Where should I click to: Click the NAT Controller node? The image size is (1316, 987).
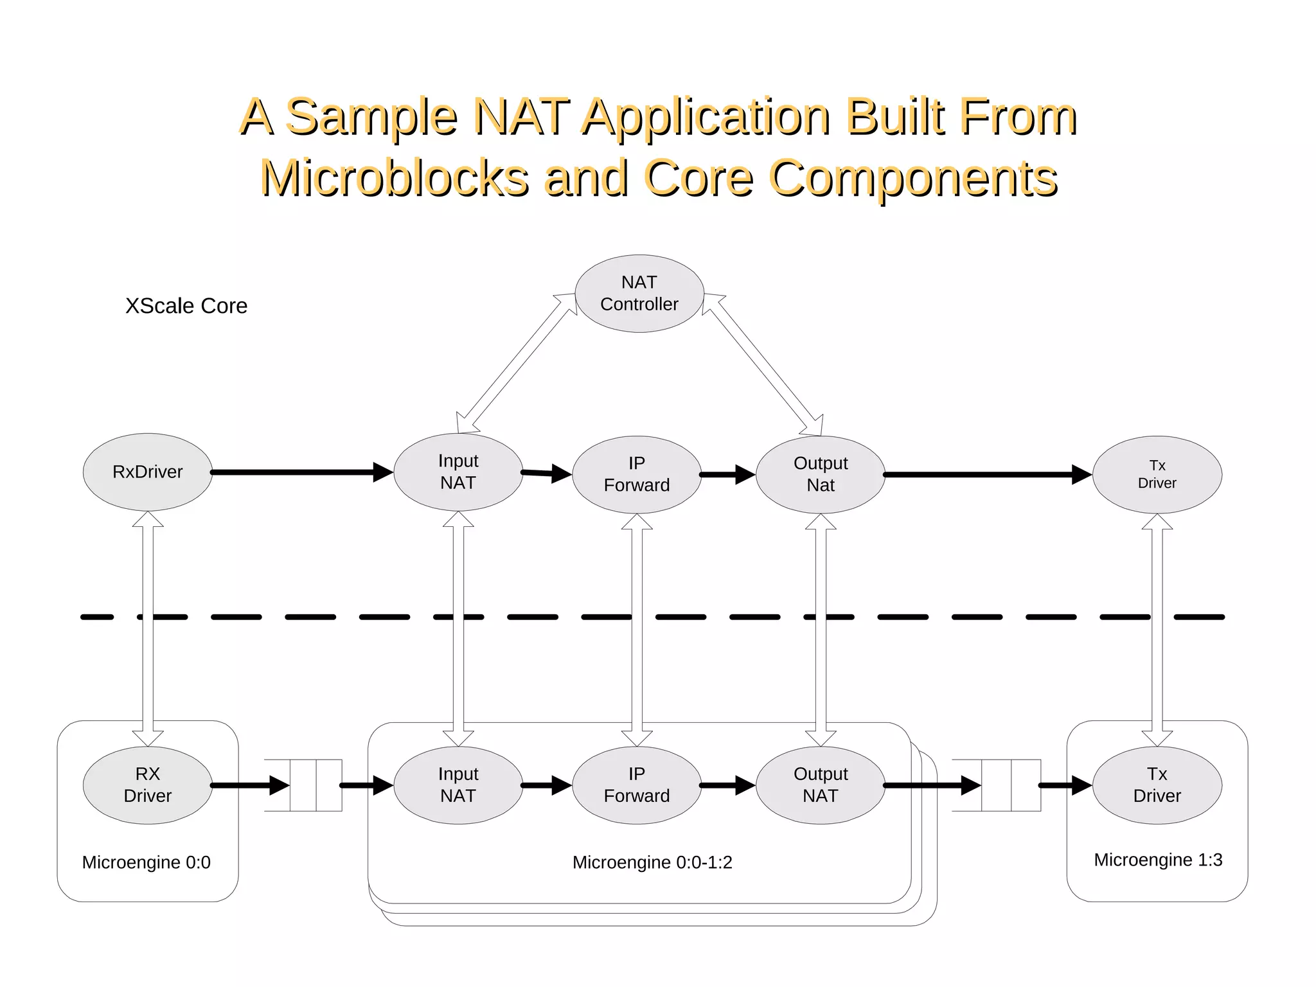click(x=639, y=294)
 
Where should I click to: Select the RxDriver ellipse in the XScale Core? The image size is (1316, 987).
click(x=147, y=472)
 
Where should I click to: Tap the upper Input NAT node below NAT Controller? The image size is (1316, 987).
click(x=458, y=472)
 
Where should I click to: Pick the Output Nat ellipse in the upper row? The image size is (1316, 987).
click(x=820, y=474)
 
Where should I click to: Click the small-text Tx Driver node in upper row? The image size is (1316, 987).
click(x=1157, y=474)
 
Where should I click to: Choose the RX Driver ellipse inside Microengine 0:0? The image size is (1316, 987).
click(x=147, y=785)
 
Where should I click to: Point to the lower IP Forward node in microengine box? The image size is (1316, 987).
click(x=636, y=785)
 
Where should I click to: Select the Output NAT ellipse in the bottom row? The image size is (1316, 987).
click(x=820, y=785)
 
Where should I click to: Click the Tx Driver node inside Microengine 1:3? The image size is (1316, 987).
click(x=1157, y=785)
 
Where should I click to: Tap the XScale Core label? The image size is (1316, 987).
click(x=186, y=306)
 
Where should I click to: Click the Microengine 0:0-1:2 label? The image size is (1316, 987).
click(x=652, y=862)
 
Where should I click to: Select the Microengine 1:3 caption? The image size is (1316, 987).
click(x=1157, y=860)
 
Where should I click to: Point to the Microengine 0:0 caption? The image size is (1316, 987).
click(x=146, y=862)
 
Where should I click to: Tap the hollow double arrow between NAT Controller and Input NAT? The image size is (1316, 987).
click(x=517, y=363)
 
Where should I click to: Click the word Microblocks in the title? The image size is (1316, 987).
click(x=395, y=178)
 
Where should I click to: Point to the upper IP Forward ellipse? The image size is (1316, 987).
click(x=636, y=474)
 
